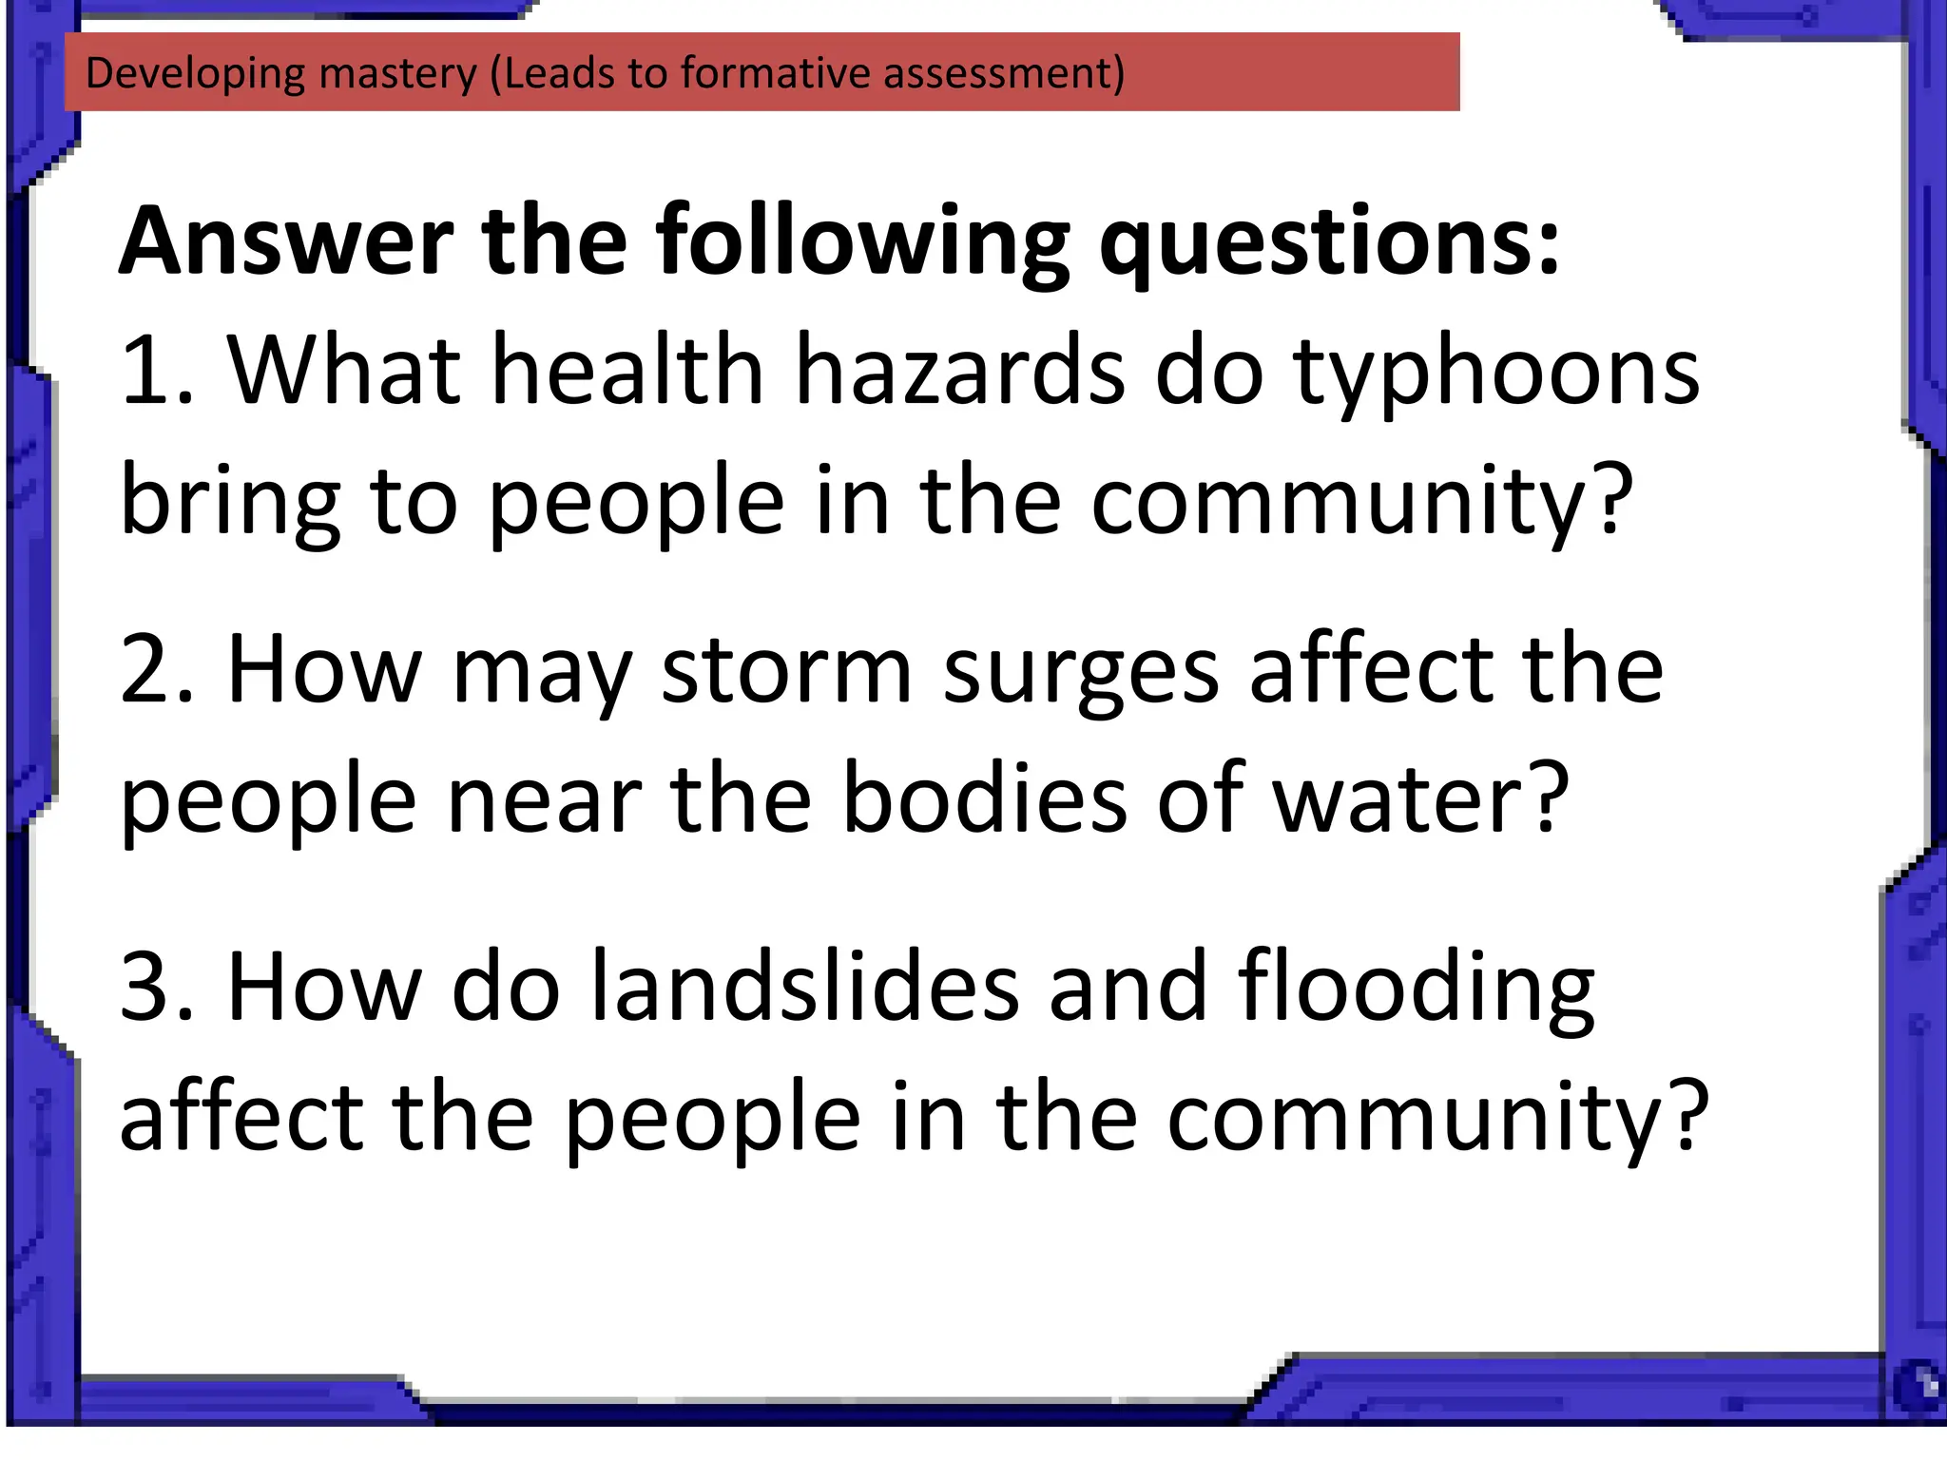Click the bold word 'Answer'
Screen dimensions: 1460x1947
coord(286,241)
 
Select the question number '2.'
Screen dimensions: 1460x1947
coord(158,670)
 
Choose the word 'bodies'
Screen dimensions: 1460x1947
coord(984,799)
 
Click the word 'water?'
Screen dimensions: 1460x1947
coord(1420,799)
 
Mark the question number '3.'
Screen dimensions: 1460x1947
coord(158,988)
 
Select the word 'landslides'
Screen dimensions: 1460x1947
coord(804,988)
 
